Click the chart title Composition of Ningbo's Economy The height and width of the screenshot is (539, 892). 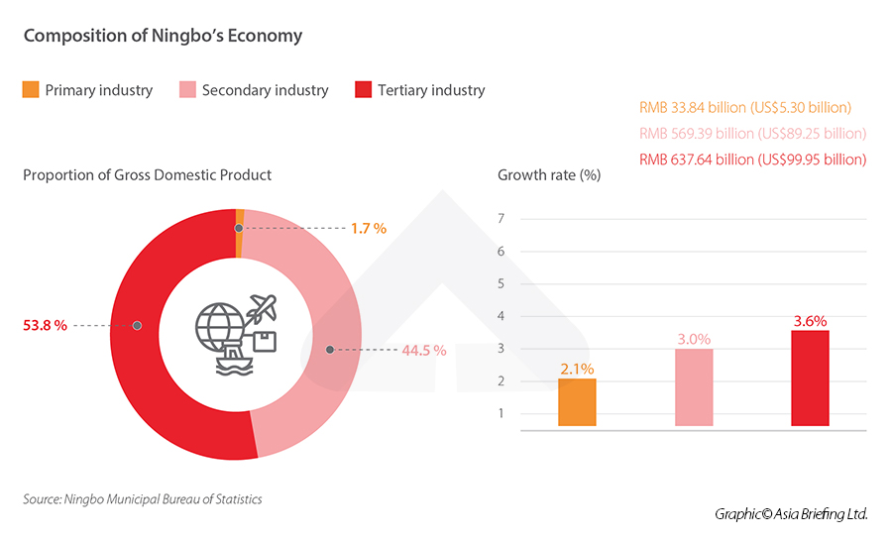(x=163, y=36)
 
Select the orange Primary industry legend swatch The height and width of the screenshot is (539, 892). (x=31, y=90)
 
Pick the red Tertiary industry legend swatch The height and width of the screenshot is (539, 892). (x=362, y=90)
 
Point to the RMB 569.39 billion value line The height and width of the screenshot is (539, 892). (x=753, y=134)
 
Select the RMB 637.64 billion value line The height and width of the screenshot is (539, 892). (x=753, y=160)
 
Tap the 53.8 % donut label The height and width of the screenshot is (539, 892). (x=45, y=325)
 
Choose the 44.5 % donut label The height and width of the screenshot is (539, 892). (x=424, y=350)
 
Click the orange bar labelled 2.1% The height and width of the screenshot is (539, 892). (x=577, y=402)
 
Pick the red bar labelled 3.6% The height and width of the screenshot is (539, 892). (x=810, y=377)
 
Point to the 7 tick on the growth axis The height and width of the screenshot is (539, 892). (x=502, y=219)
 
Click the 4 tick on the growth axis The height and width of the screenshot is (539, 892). (x=502, y=316)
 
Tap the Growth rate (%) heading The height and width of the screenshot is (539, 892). (x=549, y=175)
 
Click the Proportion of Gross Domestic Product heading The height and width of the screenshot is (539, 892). (x=147, y=175)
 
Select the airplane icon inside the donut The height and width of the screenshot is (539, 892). (x=265, y=307)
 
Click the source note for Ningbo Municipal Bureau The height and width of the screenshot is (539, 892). (x=143, y=499)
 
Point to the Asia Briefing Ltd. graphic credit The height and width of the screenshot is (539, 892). (x=791, y=514)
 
